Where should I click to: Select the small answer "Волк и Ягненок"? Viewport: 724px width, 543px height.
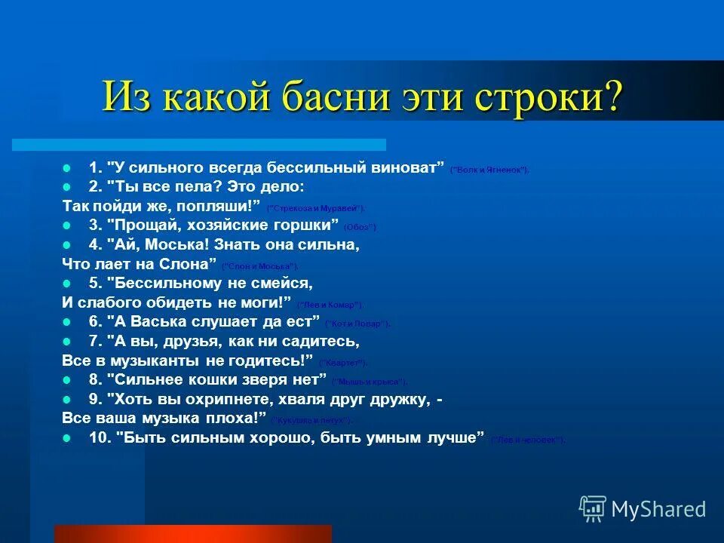489,170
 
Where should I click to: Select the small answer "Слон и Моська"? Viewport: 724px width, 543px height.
260,266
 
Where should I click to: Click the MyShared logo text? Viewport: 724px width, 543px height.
658,510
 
